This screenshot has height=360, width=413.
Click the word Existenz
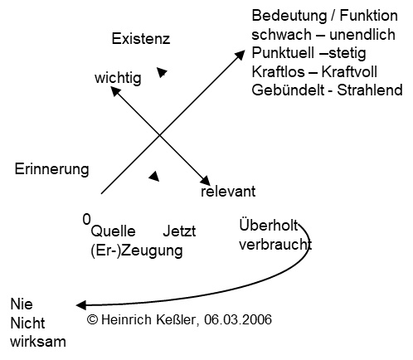click(x=141, y=39)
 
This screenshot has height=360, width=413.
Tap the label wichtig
click(x=118, y=78)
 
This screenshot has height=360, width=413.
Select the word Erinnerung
click(x=52, y=169)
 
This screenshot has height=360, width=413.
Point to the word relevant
click(x=228, y=192)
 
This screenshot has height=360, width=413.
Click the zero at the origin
click(x=86, y=219)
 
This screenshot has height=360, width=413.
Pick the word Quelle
click(x=113, y=231)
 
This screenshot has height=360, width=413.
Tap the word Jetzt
click(x=179, y=231)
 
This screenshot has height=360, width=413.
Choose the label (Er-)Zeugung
click(x=137, y=251)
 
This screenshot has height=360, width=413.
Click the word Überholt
click(x=269, y=225)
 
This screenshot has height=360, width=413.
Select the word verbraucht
click(x=275, y=245)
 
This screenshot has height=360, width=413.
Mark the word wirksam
click(x=38, y=342)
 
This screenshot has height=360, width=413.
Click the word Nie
click(x=22, y=304)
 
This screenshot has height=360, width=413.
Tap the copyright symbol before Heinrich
click(x=92, y=319)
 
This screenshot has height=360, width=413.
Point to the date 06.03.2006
click(x=238, y=319)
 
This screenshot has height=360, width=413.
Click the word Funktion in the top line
click(x=368, y=16)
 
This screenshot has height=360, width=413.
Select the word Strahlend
click(x=370, y=90)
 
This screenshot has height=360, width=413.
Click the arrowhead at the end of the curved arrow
click(x=80, y=305)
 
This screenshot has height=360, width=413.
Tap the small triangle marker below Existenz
click(x=161, y=72)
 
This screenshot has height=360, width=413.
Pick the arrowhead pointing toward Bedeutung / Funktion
click(x=240, y=55)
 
